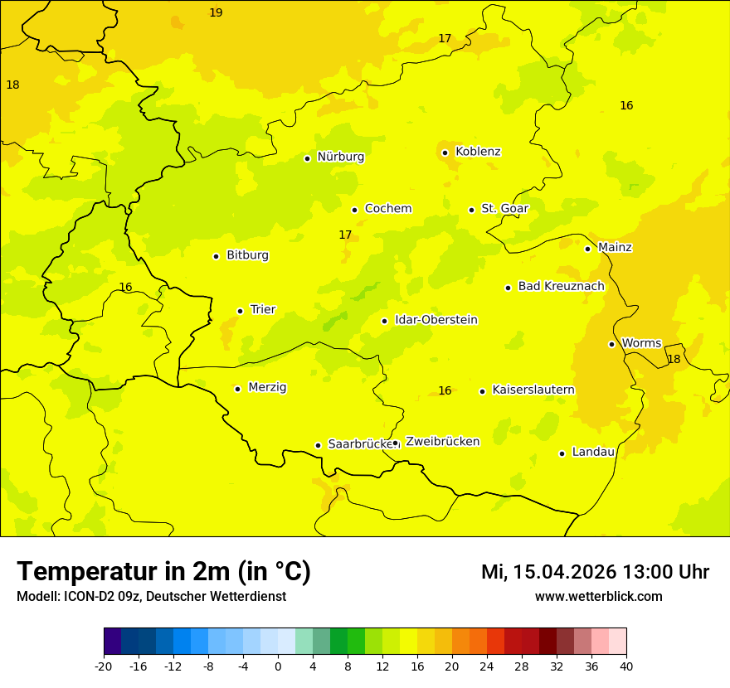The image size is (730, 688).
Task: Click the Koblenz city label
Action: (x=478, y=152)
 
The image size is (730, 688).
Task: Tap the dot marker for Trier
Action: (x=241, y=311)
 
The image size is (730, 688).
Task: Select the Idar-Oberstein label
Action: (x=436, y=320)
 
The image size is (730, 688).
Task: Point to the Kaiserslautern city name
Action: (x=533, y=390)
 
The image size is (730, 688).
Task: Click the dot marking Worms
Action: (x=611, y=344)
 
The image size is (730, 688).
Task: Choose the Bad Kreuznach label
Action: (x=561, y=286)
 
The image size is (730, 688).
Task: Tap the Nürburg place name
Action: (x=340, y=157)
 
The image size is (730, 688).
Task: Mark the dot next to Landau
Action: (x=562, y=453)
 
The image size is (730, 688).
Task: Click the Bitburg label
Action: (x=247, y=255)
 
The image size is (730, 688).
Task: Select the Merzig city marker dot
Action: (x=237, y=389)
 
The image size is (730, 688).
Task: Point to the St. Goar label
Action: (x=504, y=208)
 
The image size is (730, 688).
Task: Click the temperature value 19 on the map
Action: (x=216, y=13)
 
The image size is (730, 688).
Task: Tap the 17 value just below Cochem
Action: (x=345, y=235)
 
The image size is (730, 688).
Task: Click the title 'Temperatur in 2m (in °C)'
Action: (x=163, y=571)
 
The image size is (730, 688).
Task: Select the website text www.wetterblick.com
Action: (x=598, y=596)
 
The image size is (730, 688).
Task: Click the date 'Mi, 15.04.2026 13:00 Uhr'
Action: (x=595, y=572)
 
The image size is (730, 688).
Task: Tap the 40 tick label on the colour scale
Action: (x=626, y=666)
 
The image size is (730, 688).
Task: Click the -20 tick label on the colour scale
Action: (x=104, y=666)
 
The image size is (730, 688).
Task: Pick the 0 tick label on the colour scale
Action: (x=278, y=666)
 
